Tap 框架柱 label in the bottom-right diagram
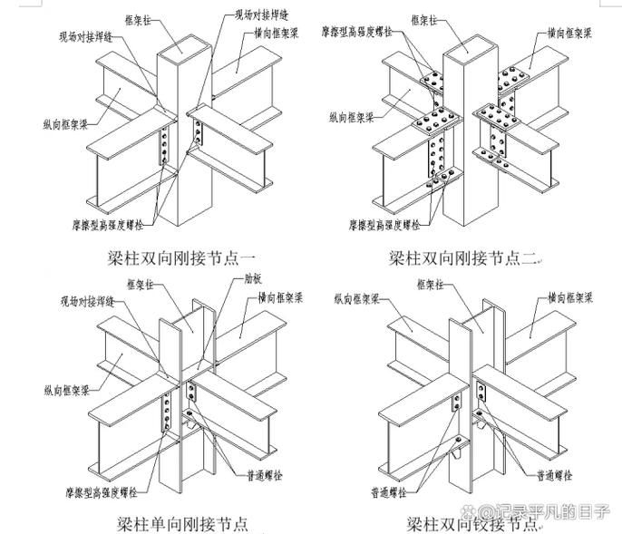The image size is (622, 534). click(x=434, y=284)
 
